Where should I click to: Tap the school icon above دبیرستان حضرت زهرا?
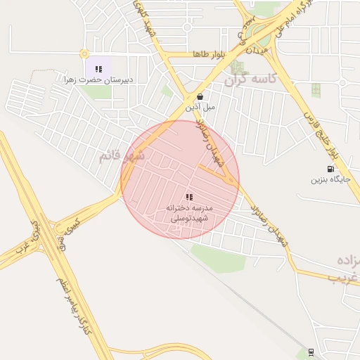[99, 69]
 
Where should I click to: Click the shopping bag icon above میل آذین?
[201, 97]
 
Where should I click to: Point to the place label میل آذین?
[200, 108]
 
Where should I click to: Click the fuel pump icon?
[330, 169]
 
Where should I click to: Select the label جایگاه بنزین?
[329, 180]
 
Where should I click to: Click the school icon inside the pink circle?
[188, 197]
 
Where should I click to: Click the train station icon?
[311, 352]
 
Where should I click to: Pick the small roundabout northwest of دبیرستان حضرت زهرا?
[84, 53]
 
